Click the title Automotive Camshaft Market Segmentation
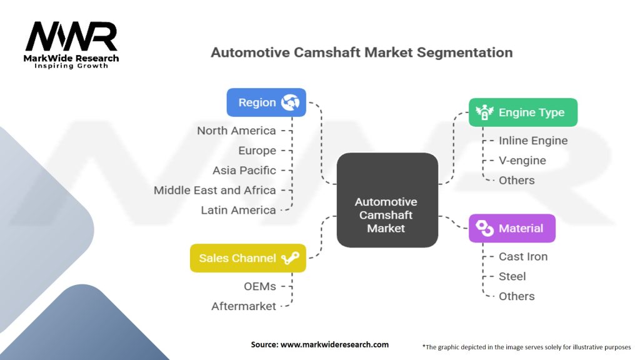(x=361, y=52)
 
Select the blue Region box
(x=266, y=102)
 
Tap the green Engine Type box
(x=522, y=112)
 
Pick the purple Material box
(x=511, y=228)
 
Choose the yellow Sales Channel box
(x=247, y=258)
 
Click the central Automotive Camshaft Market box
(x=386, y=215)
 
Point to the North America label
(x=236, y=131)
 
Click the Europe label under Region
(x=257, y=151)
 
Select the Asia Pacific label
(x=244, y=170)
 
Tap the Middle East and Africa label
(x=214, y=190)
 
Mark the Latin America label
(x=238, y=210)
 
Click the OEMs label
(x=261, y=286)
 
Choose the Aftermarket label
(x=243, y=306)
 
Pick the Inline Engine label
(x=532, y=141)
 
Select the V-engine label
(x=522, y=161)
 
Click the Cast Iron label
(x=522, y=256)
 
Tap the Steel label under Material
(x=512, y=276)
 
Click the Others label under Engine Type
(x=516, y=181)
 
